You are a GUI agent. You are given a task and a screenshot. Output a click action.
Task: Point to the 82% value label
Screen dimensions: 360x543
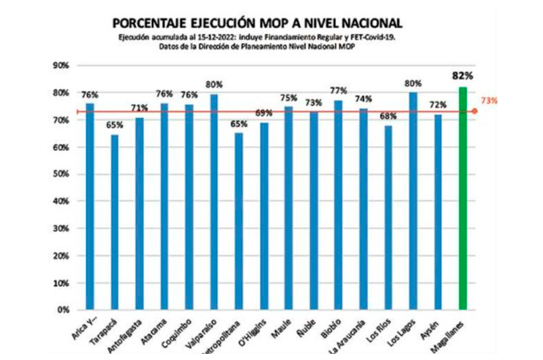point(463,75)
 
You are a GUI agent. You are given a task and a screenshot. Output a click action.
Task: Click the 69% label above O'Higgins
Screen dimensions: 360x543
point(264,113)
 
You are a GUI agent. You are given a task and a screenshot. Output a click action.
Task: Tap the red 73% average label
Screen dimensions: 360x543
point(489,101)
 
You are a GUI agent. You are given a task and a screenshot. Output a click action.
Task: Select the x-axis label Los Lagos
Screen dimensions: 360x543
point(402,331)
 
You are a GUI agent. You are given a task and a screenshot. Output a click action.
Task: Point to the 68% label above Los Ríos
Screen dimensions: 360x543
point(388,117)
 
